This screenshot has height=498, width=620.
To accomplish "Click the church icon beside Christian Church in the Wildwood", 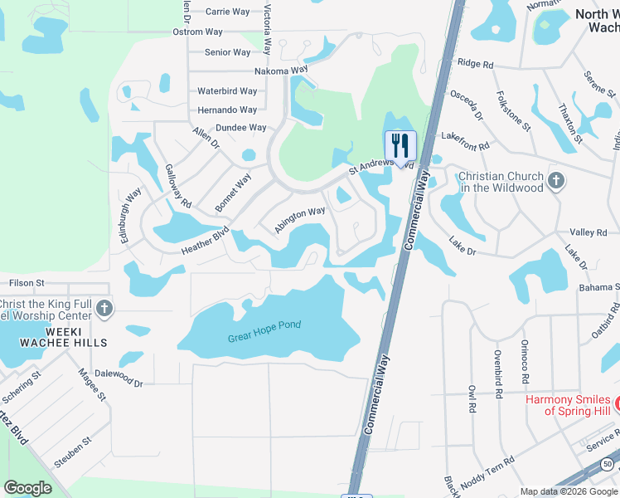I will tap(556, 178).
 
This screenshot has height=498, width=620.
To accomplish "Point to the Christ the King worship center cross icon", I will tap(104, 310).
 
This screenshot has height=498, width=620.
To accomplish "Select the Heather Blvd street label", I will tap(205, 241).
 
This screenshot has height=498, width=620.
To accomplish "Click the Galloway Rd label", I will tap(178, 185).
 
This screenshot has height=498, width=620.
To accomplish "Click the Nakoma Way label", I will tap(281, 71).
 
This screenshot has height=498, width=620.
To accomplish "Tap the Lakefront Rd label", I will tap(466, 139).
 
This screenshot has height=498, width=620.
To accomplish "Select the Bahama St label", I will tap(598, 287).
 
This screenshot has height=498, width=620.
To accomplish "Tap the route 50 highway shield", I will tap(610, 463).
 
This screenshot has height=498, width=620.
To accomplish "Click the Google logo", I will tap(27, 487).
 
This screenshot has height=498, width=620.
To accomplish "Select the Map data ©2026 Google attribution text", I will tap(569, 491).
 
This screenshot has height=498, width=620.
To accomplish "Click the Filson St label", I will tap(27, 283).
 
